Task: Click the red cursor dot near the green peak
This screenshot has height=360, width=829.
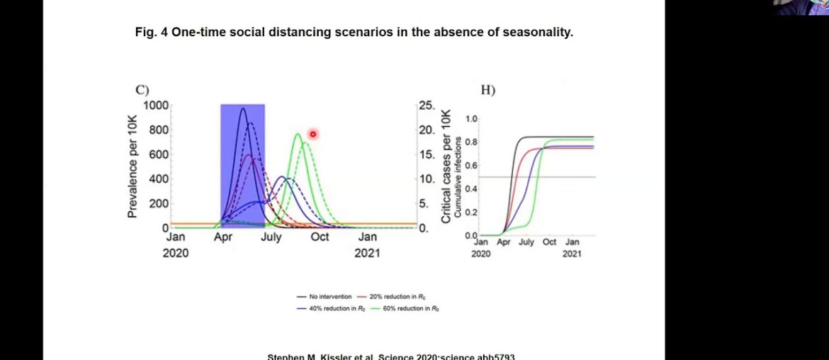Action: click(312, 134)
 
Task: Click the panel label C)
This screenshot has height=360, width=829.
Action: click(142, 89)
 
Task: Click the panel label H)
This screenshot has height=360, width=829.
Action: click(487, 90)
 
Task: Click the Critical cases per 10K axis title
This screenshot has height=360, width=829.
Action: click(446, 167)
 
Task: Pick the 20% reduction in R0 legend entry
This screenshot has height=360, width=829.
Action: click(397, 296)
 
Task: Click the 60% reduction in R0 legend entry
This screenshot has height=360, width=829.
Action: click(397, 308)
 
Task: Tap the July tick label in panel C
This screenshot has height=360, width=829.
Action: click(271, 237)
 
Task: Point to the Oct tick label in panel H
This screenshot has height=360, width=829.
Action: click(549, 242)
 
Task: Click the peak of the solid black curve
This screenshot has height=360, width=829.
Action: click(242, 108)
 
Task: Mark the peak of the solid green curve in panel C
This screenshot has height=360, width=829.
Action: click(298, 133)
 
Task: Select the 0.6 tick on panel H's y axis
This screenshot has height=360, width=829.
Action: click(471, 166)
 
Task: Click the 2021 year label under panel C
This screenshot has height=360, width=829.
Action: click(367, 253)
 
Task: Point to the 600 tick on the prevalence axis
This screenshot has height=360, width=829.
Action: click(158, 154)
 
